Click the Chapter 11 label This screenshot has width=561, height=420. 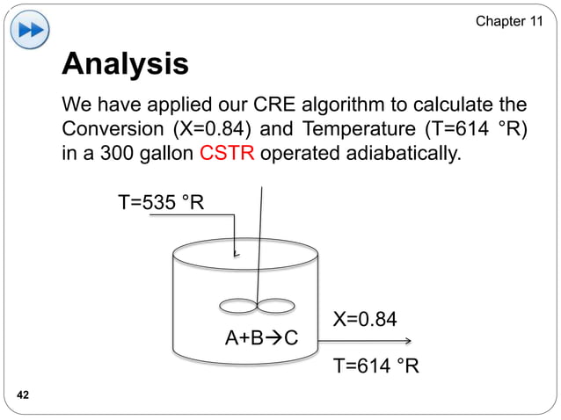508,20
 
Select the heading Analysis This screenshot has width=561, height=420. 125,64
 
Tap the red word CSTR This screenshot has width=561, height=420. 228,156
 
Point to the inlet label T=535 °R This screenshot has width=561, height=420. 162,205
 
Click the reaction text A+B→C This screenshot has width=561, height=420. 262,338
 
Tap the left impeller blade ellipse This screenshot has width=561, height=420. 236,306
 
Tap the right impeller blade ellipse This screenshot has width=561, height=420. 275,306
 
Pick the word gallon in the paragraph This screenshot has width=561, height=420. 166,156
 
